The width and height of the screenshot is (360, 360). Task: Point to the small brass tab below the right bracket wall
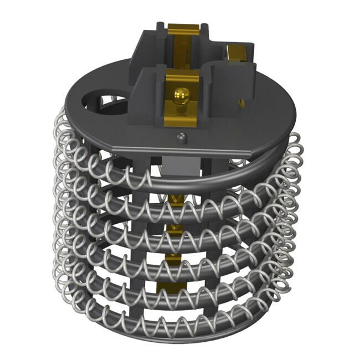click(x=241, y=102)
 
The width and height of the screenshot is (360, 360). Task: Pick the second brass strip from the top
click(x=176, y=228)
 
